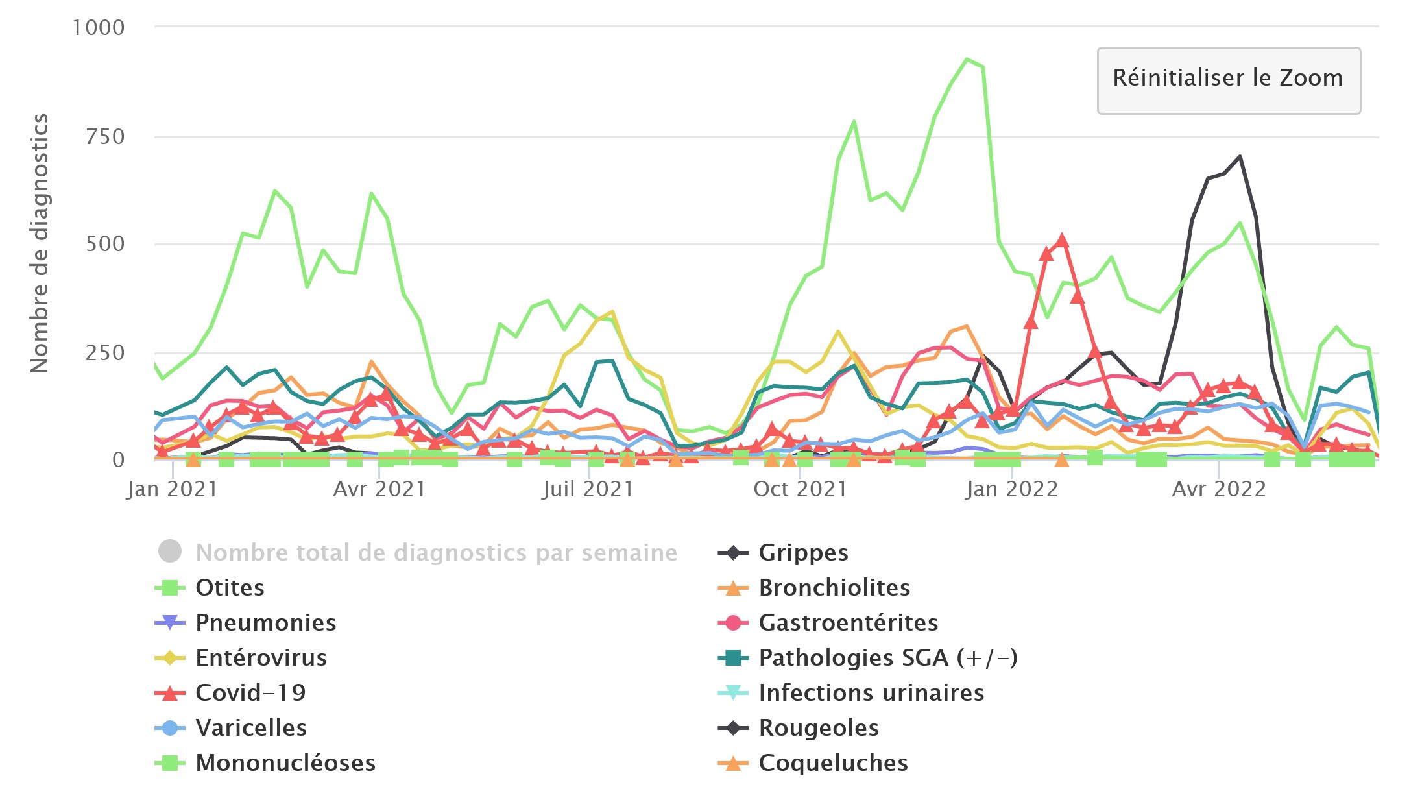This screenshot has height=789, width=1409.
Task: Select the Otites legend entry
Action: [x=230, y=588]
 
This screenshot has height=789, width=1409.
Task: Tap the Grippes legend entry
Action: [x=803, y=553]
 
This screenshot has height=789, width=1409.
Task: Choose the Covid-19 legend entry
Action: [x=250, y=693]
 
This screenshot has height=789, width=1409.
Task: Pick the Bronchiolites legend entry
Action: [x=834, y=588]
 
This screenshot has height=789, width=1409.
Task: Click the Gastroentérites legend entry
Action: [x=848, y=623]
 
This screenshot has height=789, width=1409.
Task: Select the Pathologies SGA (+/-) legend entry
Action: [x=887, y=658]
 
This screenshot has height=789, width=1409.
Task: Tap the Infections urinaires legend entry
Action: [x=871, y=693]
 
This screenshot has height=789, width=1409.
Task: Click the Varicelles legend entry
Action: [x=251, y=728]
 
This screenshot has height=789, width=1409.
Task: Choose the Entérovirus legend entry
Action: [x=261, y=658]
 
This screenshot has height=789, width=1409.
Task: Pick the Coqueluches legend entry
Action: [x=833, y=763]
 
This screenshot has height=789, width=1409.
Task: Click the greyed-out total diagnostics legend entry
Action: [x=436, y=553]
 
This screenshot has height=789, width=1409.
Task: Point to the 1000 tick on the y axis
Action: [x=99, y=28]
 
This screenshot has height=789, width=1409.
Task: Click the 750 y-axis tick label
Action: [x=105, y=137]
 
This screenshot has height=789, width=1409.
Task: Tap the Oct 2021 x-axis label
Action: [x=800, y=489]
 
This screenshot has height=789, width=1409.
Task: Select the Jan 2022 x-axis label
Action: [x=1011, y=489]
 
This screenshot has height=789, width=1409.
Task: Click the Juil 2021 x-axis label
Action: [x=588, y=489]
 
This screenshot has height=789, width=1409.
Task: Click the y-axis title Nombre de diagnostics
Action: [x=40, y=243]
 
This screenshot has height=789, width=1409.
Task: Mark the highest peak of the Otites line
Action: [x=967, y=60]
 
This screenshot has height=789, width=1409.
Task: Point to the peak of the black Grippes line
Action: [x=1240, y=156]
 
